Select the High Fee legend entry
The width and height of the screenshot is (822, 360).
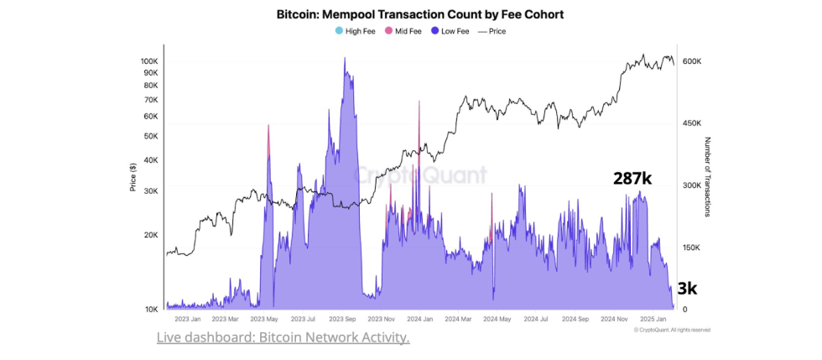(x=356, y=31)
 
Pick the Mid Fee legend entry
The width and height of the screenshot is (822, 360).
(x=403, y=31)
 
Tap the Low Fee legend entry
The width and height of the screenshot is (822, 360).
(x=450, y=31)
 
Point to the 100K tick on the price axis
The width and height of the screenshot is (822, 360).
(x=149, y=61)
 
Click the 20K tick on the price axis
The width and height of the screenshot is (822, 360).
(x=151, y=235)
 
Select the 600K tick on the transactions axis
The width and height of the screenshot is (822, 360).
(x=691, y=61)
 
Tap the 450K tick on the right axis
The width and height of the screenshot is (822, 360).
(x=691, y=123)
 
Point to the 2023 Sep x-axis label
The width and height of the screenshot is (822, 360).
(x=343, y=319)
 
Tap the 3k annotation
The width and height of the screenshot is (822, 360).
(x=687, y=289)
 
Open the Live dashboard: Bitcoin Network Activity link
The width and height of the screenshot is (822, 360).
(x=283, y=337)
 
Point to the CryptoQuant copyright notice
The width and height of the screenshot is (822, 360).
(x=672, y=330)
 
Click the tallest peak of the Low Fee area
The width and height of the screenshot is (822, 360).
(x=345, y=59)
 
